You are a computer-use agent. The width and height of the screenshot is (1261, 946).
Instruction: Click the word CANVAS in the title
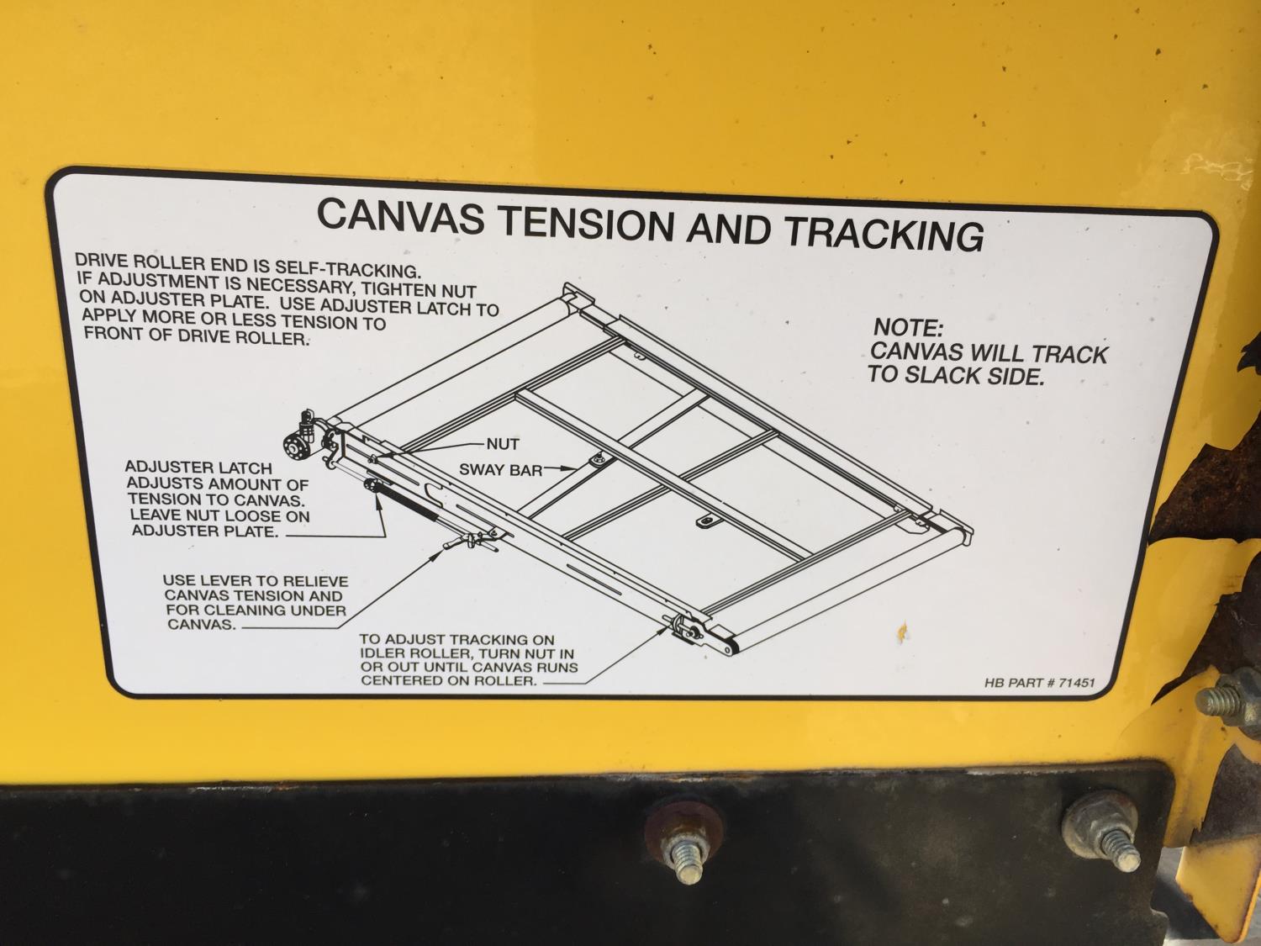click(x=400, y=216)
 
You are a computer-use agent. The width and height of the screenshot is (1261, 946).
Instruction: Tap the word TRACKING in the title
click(x=884, y=234)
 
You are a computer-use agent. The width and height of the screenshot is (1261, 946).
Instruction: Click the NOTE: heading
click(x=908, y=328)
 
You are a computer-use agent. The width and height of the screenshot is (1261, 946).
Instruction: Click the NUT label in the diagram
click(x=503, y=444)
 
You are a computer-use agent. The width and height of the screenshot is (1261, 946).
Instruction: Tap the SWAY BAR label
click(x=500, y=470)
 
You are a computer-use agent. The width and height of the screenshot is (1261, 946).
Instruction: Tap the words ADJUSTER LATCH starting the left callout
click(x=198, y=468)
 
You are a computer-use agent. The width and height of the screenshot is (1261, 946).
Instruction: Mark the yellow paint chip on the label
click(x=903, y=631)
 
